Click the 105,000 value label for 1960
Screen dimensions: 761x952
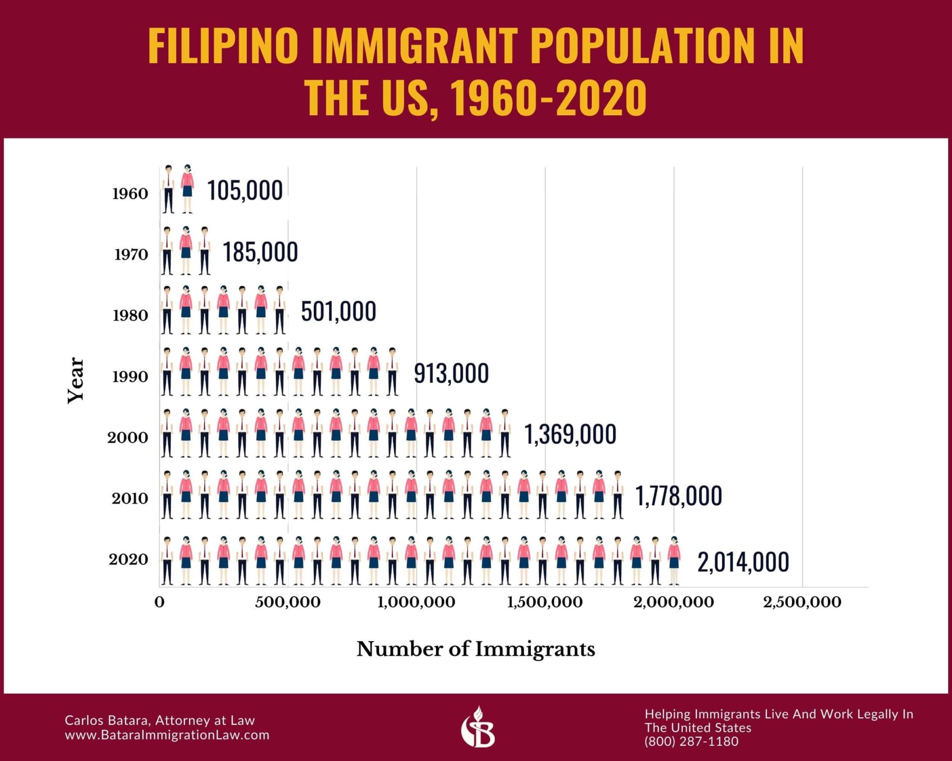point(245,190)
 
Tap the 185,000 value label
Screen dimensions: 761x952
point(260,252)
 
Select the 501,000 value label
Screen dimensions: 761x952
point(338,312)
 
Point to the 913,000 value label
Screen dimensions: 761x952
point(451,374)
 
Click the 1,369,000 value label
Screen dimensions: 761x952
point(570,434)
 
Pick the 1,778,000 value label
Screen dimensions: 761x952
point(679,496)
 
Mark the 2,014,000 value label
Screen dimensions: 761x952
point(743,562)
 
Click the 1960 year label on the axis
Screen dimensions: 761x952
point(130,194)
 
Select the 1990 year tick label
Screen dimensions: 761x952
point(130,377)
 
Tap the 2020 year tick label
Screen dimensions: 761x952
point(129,560)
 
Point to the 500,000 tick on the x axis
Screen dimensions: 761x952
point(288,603)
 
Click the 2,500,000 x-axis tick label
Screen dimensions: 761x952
point(802,603)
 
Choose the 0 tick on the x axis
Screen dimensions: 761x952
point(159,603)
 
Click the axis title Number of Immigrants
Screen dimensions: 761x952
point(476,649)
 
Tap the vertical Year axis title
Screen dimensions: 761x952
point(76,380)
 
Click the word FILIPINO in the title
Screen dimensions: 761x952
point(223,46)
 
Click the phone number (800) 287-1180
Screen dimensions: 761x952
point(691,741)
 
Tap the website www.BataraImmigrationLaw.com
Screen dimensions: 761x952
point(167,735)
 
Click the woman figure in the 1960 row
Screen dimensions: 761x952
point(187,189)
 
